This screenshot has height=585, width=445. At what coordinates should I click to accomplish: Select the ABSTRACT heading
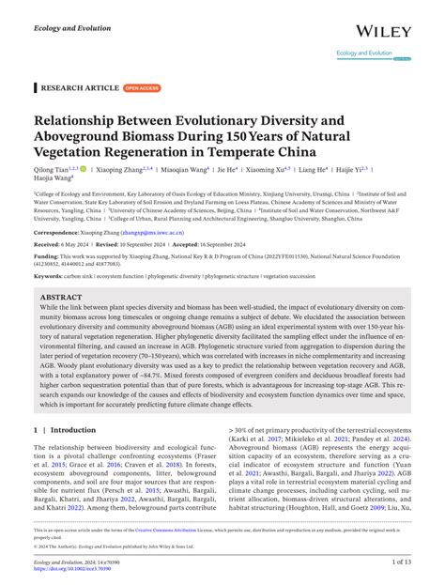pos(61,296)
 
